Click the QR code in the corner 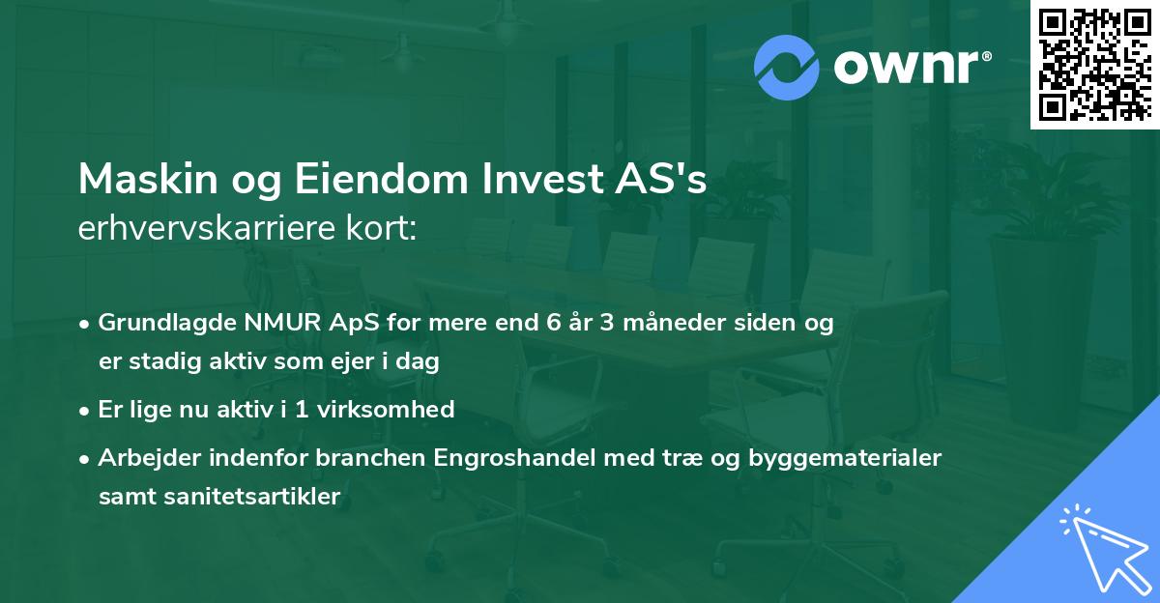tap(1095, 64)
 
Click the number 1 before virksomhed tap(304, 409)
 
